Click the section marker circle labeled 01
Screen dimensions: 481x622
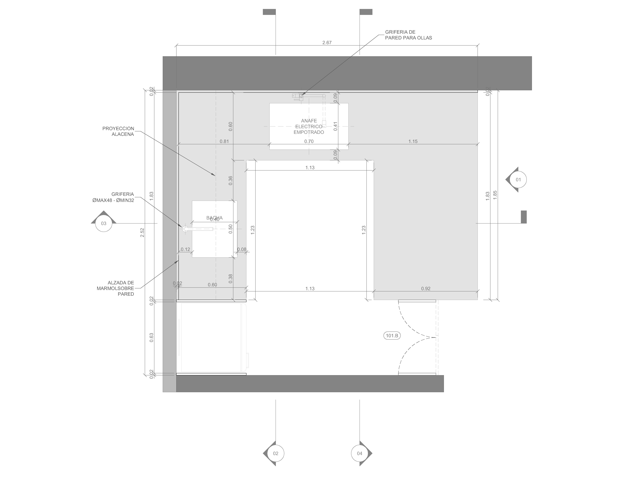tap(518, 179)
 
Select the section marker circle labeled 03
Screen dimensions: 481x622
tap(104, 223)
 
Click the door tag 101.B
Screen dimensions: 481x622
tap(392, 336)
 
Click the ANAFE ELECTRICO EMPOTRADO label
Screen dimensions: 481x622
tap(309, 126)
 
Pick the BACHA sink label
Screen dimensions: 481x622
tap(214, 218)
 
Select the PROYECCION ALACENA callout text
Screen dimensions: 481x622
tap(118, 131)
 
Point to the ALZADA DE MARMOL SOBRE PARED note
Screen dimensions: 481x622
tap(115, 288)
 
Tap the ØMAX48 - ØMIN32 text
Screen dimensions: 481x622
tap(113, 200)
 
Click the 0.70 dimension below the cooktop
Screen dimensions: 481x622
tap(309, 141)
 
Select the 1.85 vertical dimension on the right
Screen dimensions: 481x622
tap(495, 195)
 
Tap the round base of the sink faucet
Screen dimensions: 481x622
tap(185, 229)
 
